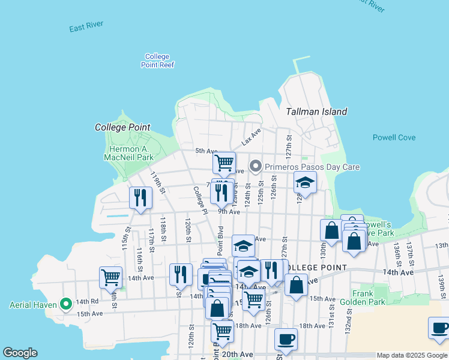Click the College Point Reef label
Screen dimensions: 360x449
(x=157, y=61)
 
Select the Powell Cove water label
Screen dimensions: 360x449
(x=394, y=137)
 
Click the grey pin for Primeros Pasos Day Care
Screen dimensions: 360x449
(x=256, y=166)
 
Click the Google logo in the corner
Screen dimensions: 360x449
(x=20, y=353)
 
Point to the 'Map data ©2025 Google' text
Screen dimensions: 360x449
(x=412, y=355)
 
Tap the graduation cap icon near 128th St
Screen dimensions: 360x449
(x=305, y=182)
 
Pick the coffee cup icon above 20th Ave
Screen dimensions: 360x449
(x=286, y=338)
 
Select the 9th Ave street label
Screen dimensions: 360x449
(x=229, y=211)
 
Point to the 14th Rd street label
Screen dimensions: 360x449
(x=87, y=301)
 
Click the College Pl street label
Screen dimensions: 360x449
(x=199, y=200)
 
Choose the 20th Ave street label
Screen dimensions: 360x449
(x=237, y=355)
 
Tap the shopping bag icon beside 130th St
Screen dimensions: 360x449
(x=331, y=230)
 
